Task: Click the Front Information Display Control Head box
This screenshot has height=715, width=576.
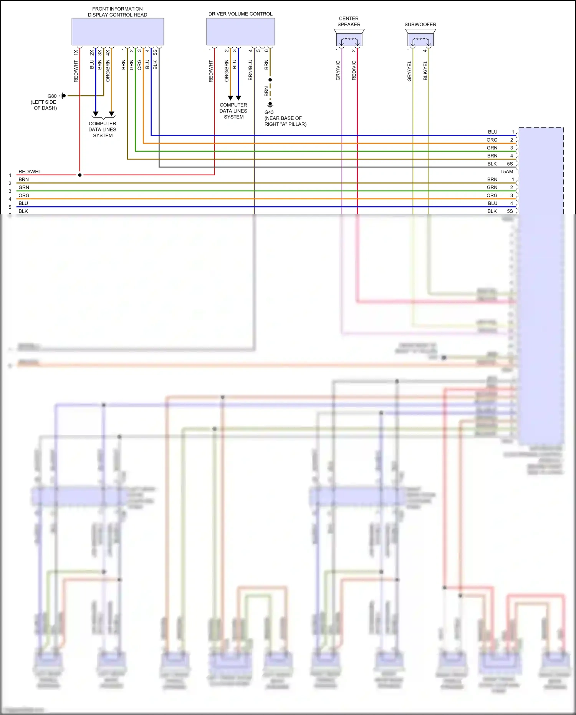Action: [x=118, y=32]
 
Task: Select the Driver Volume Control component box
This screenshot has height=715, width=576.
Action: [x=240, y=32]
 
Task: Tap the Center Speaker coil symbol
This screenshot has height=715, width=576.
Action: [x=349, y=40]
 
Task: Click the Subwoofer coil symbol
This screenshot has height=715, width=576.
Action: [x=420, y=40]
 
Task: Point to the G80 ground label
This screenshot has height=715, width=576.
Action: [x=52, y=96]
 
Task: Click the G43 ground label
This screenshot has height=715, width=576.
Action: [x=269, y=112]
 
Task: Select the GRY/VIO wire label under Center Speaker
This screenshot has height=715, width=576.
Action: [x=338, y=70]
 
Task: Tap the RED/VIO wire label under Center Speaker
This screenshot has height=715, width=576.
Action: [x=354, y=70]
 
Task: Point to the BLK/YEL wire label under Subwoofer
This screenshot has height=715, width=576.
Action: [x=425, y=71]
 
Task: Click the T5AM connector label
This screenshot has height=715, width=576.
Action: [x=506, y=172]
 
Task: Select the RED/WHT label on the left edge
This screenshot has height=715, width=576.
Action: [x=30, y=172]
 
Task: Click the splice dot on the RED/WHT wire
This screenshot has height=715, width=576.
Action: [x=80, y=175]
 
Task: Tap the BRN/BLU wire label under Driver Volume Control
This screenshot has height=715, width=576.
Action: [x=250, y=70]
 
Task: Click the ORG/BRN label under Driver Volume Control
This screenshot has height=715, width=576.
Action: [x=227, y=71]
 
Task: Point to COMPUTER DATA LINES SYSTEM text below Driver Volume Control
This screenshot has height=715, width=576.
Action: [x=233, y=111]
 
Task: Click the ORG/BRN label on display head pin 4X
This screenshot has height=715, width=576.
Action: [x=108, y=71]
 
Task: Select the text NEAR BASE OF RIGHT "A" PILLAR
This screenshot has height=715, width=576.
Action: [x=285, y=121]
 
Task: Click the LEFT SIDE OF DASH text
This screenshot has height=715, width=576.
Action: [x=44, y=105]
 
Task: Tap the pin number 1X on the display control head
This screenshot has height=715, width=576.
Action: [x=76, y=52]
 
